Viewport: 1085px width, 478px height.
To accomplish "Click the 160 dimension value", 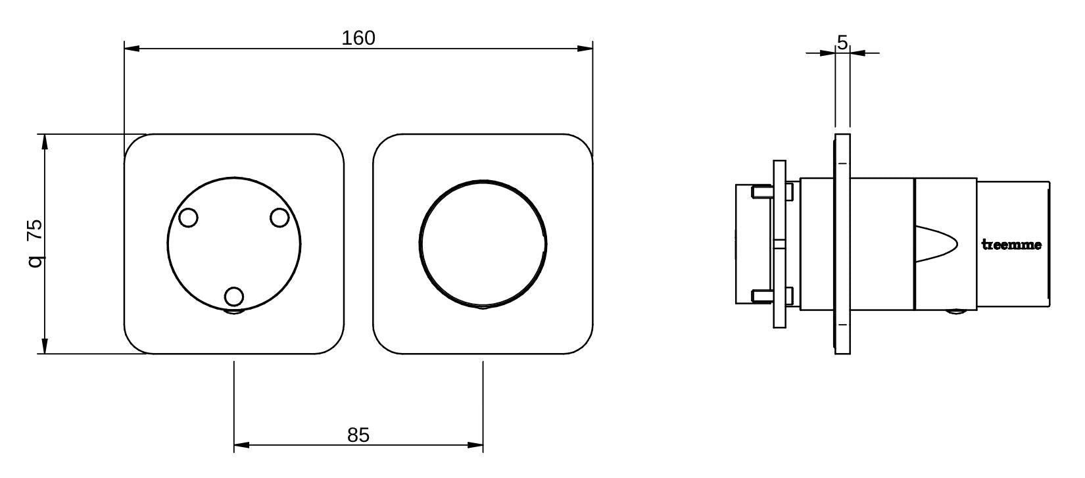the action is (x=358, y=38).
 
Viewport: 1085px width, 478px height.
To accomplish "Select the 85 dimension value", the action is (x=358, y=435).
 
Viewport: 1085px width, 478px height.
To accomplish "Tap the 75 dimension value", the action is (x=35, y=231).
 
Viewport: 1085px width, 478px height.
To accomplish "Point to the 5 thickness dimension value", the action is (x=842, y=43).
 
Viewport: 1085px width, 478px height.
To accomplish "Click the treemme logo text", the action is (x=1011, y=245).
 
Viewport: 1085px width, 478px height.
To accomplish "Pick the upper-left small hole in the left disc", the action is (x=188, y=218).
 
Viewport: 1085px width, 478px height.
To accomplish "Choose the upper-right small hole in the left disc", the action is (x=279, y=218).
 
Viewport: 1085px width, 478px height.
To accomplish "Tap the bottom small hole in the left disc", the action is (x=234, y=297).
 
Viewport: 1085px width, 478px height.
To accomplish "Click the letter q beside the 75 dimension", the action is (x=35, y=262).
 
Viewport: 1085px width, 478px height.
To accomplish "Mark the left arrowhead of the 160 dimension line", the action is (x=132, y=49).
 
